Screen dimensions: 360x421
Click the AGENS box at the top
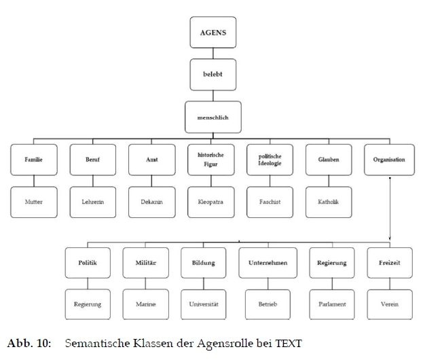point(213,32)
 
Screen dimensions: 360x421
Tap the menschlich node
point(213,118)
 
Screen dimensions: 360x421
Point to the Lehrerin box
point(94,202)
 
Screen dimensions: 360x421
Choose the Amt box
point(152,160)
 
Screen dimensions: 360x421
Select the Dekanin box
point(152,202)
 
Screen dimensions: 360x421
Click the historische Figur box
point(210,160)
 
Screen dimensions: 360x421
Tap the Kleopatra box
point(210,202)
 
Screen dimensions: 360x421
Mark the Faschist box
point(270,202)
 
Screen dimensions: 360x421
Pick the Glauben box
point(329,160)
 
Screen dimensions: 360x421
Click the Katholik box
point(329,202)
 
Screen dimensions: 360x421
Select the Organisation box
point(389,160)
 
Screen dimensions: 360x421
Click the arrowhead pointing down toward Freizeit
point(390,238)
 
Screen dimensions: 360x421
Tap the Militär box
point(145,262)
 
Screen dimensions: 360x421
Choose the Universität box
point(204,304)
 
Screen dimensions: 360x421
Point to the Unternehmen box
point(263,262)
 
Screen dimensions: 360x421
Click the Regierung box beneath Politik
point(88,304)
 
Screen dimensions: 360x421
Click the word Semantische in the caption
point(94,344)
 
